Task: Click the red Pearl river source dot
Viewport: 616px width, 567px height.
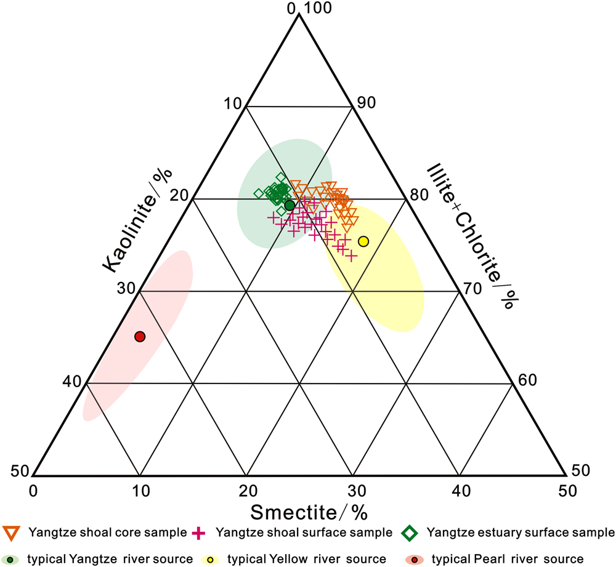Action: click(x=140, y=336)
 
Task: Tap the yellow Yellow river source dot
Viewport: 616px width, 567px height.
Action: click(x=363, y=241)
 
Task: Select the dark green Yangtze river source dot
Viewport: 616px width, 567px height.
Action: click(x=290, y=205)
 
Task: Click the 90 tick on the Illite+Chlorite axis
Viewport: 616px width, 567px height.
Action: click(x=367, y=103)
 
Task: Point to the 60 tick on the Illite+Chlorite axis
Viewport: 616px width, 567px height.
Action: click(x=527, y=380)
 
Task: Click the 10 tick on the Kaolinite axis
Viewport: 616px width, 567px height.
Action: click(x=233, y=103)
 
